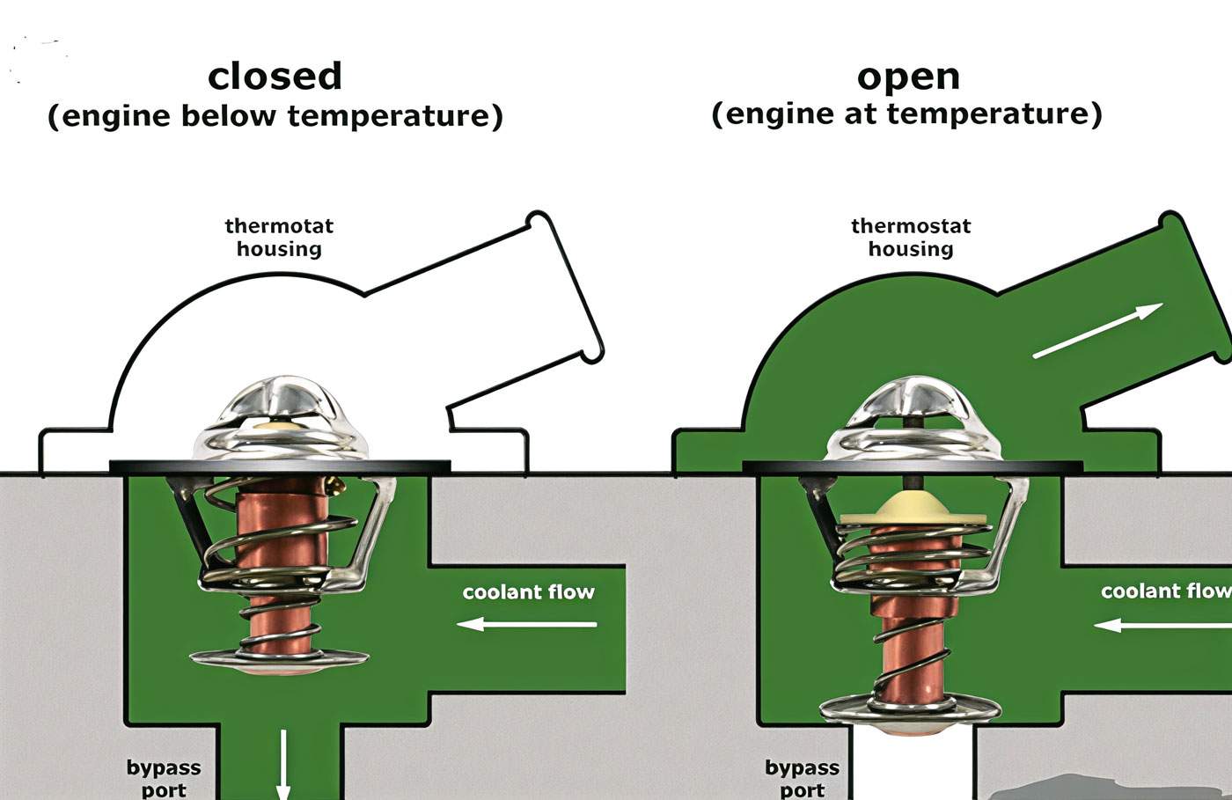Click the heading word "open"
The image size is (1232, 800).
coord(908,78)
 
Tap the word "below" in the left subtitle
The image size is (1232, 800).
coord(229,115)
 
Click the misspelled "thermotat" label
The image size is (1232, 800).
coord(279,226)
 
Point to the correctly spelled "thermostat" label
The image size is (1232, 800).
coord(911,226)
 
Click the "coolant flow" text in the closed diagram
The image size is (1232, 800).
coord(529,592)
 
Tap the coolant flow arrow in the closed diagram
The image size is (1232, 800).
coord(527,624)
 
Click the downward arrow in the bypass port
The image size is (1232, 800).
coord(283,765)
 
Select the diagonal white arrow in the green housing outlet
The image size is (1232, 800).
coord(1098,331)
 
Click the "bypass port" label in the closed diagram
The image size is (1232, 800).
coord(164,779)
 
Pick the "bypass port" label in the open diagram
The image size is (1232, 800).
coord(802,779)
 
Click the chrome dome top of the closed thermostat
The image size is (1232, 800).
coord(281,418)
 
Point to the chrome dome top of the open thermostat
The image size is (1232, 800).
coord(913,418)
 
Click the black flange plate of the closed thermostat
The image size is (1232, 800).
coord(280,466)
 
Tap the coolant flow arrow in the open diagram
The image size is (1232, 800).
coord(1162,625)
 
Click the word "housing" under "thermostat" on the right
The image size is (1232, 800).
coord(911,249)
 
